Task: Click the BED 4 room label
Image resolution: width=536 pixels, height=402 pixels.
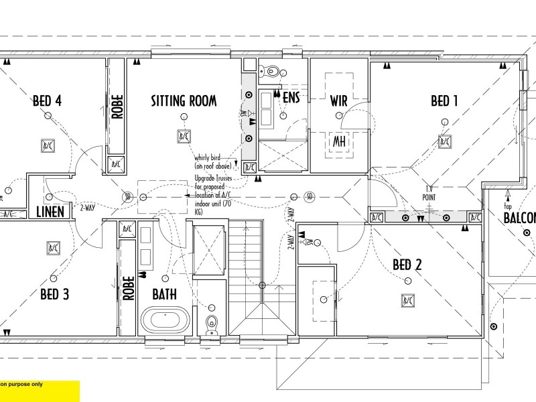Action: [48, 101]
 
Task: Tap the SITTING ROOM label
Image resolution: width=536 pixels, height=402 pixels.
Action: [183, 101]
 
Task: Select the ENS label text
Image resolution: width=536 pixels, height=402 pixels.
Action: [291, 98]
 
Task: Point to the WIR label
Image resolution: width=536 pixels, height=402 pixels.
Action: [338, 101]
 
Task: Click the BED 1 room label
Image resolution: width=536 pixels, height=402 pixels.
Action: [444, 101]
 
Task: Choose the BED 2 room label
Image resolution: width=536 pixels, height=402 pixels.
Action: [407, 265]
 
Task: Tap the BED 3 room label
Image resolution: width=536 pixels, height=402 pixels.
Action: [55, 294]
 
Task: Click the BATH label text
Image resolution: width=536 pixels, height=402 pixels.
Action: [164, 294]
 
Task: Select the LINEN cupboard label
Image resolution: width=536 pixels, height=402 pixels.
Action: [50, 212]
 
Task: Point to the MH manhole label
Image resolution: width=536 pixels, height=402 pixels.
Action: [339, 141]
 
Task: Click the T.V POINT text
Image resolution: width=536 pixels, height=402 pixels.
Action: [429, 194]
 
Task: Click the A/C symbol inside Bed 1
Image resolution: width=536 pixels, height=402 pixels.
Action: [444, 142]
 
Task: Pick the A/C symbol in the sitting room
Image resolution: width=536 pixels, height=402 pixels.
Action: [183, 137]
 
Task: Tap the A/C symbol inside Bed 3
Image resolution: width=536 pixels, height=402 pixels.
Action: [52, 248]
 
